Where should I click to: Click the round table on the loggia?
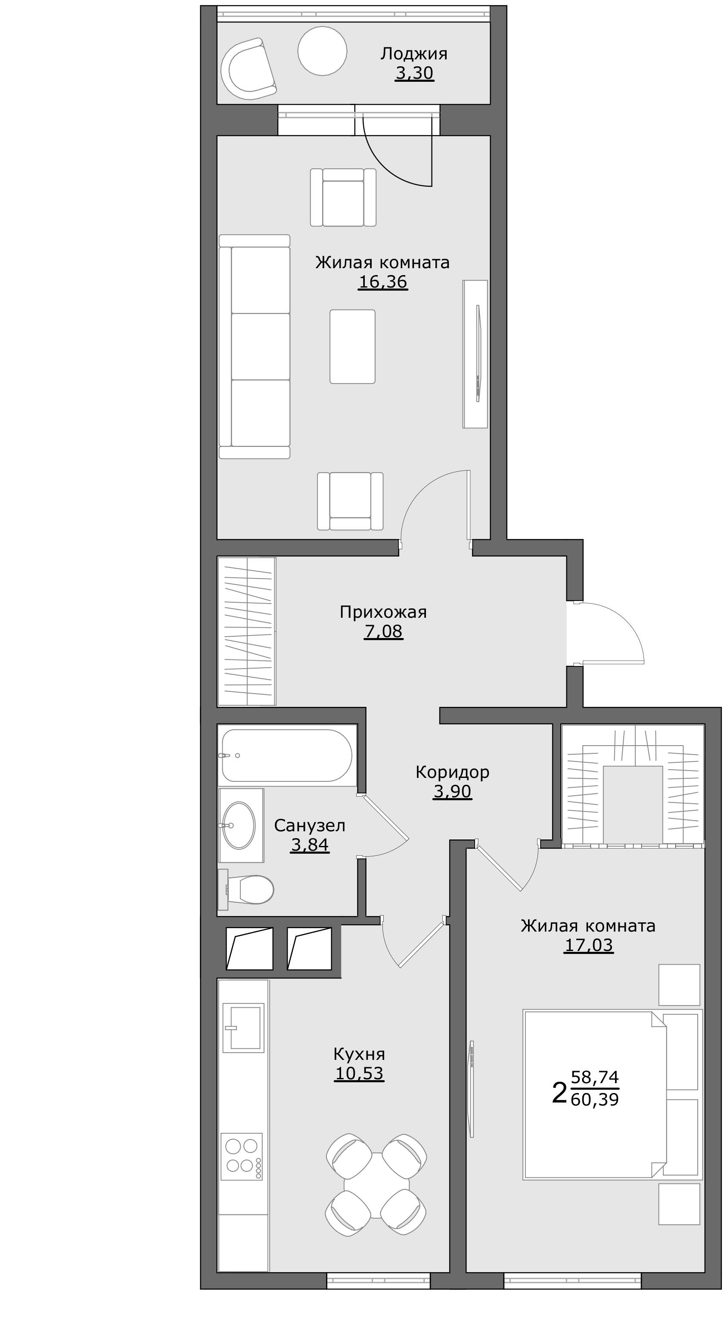pyautogui.click(x=322, y=51)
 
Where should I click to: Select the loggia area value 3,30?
pyautogui.click(x=414, y=73)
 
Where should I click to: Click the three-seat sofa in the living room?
pyautogui.click(x=254, y=346)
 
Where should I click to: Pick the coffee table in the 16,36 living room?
pyautogui.click(x=352, y=347)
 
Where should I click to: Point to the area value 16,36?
pyautogui.click(x=383, y=282)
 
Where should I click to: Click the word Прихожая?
pyautogui.click(x=383, y=612)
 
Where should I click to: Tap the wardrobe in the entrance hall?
pyautogui.click(x=247, y=632)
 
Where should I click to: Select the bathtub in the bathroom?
pyautogui.click(x=287, y=756)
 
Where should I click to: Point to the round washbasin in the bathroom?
pyautogui.click(x=239, y=825)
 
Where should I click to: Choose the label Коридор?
pyautogui.click(x=452, y=771)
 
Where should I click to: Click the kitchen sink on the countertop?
pyautogui.click(x=243, y=1028)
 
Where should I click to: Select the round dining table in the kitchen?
pyautogui.click(x=376, y=1185)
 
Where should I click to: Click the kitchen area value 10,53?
pyautogui.click(x=359, y=1073)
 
